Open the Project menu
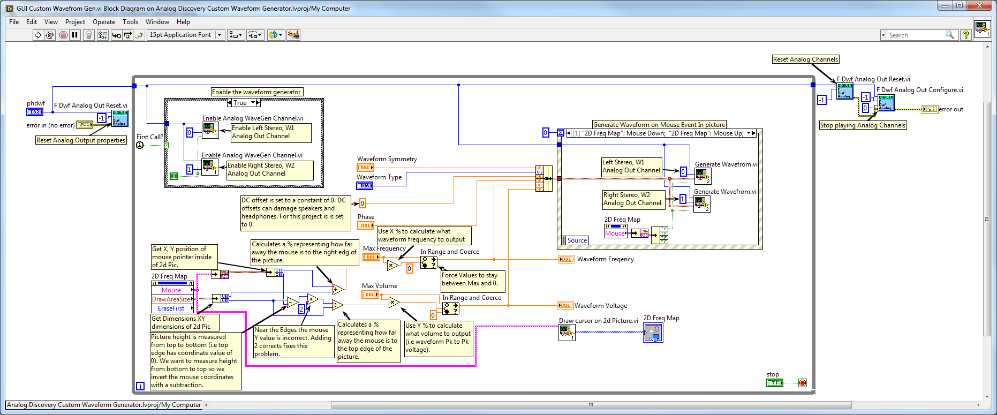point(75,22)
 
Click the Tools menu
point(130,22)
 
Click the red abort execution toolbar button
point(63,35)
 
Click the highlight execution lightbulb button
point(89,35)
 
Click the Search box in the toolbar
point(916,35)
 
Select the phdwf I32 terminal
point(35,112)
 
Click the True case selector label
point(240,103)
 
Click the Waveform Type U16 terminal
point(365,186)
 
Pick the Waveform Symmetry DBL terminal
point(365,168)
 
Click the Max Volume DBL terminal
point(369,295)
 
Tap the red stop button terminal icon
point(802,383)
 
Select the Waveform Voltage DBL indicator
point(565,305)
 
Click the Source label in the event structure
point(577,240)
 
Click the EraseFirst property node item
point(171,308)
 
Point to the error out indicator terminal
point(929,109)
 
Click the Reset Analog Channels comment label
point(805,59)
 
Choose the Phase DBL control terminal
point(366,225)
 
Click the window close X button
point(980,5)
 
